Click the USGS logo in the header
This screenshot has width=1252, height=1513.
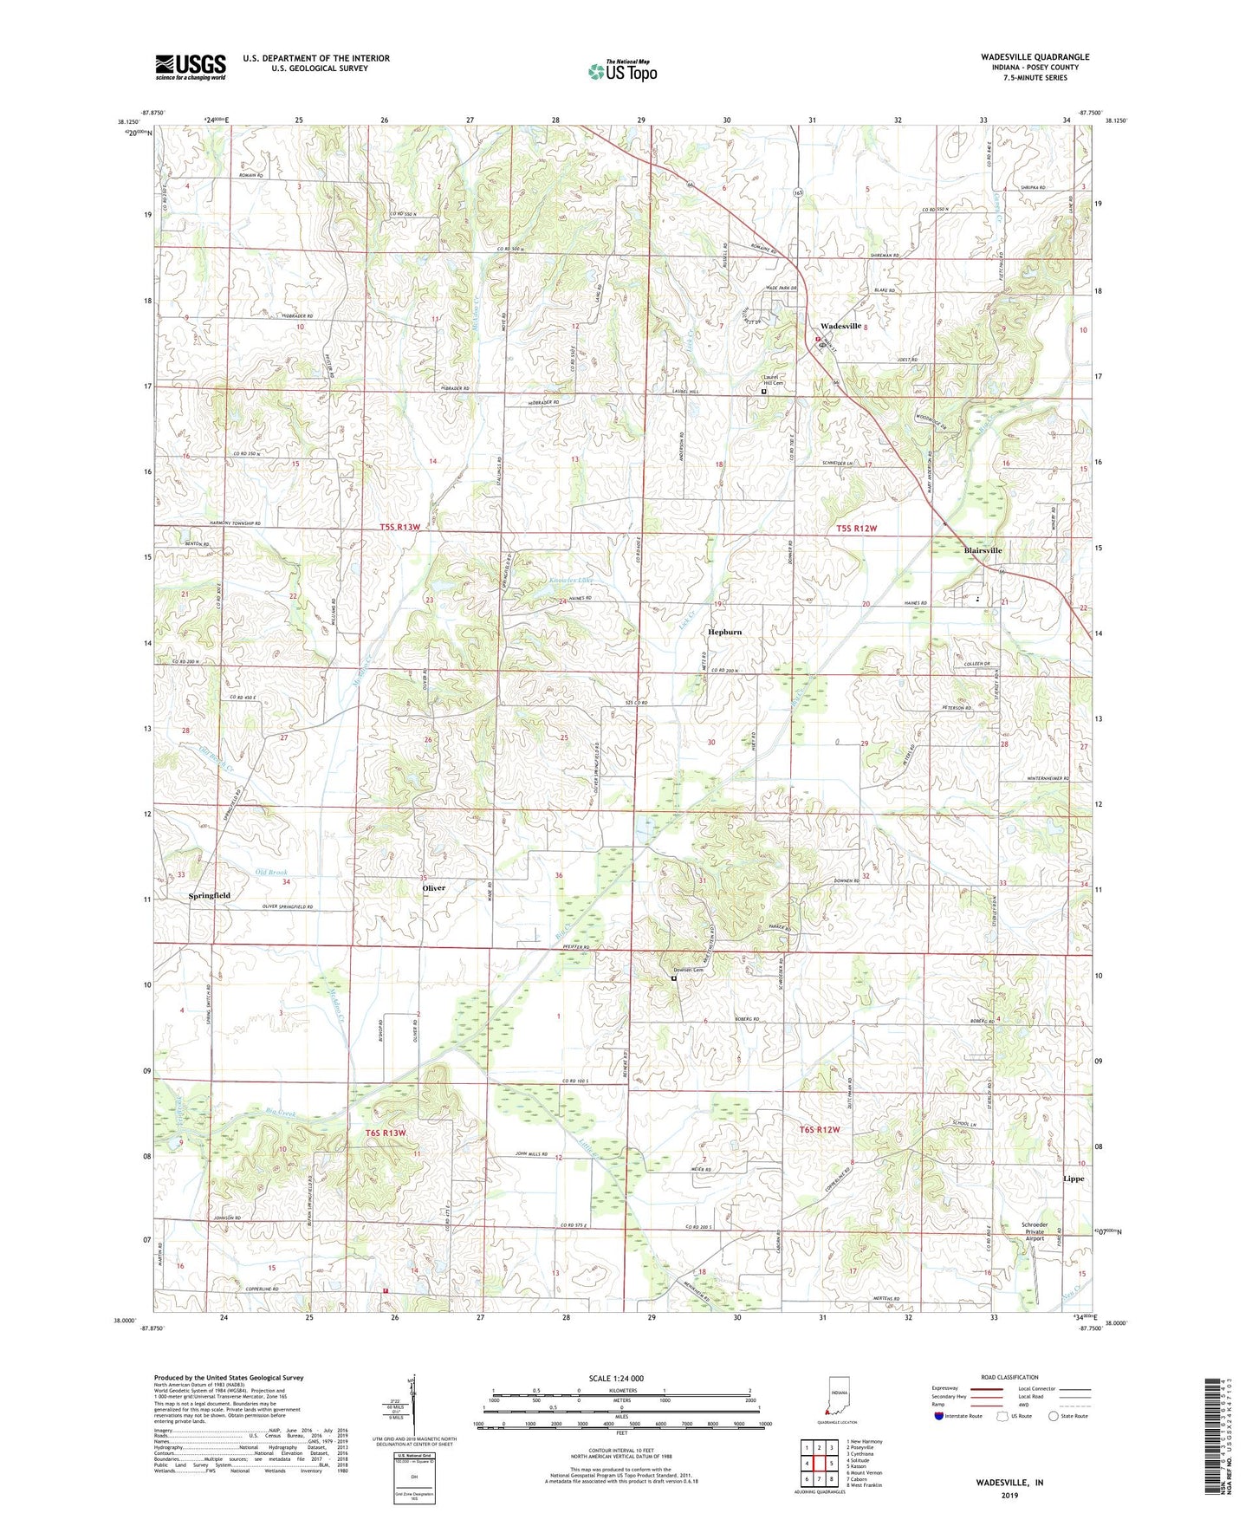(x=191, y=67)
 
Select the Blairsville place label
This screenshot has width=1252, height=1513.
(x=983, y=550)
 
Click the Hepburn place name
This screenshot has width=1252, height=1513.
(x=725, y=632)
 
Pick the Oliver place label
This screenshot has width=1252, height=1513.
(x=433, y=888)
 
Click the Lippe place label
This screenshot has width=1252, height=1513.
(x=1074, y=1179)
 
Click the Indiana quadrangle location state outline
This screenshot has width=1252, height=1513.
(x=838, y=1397)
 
